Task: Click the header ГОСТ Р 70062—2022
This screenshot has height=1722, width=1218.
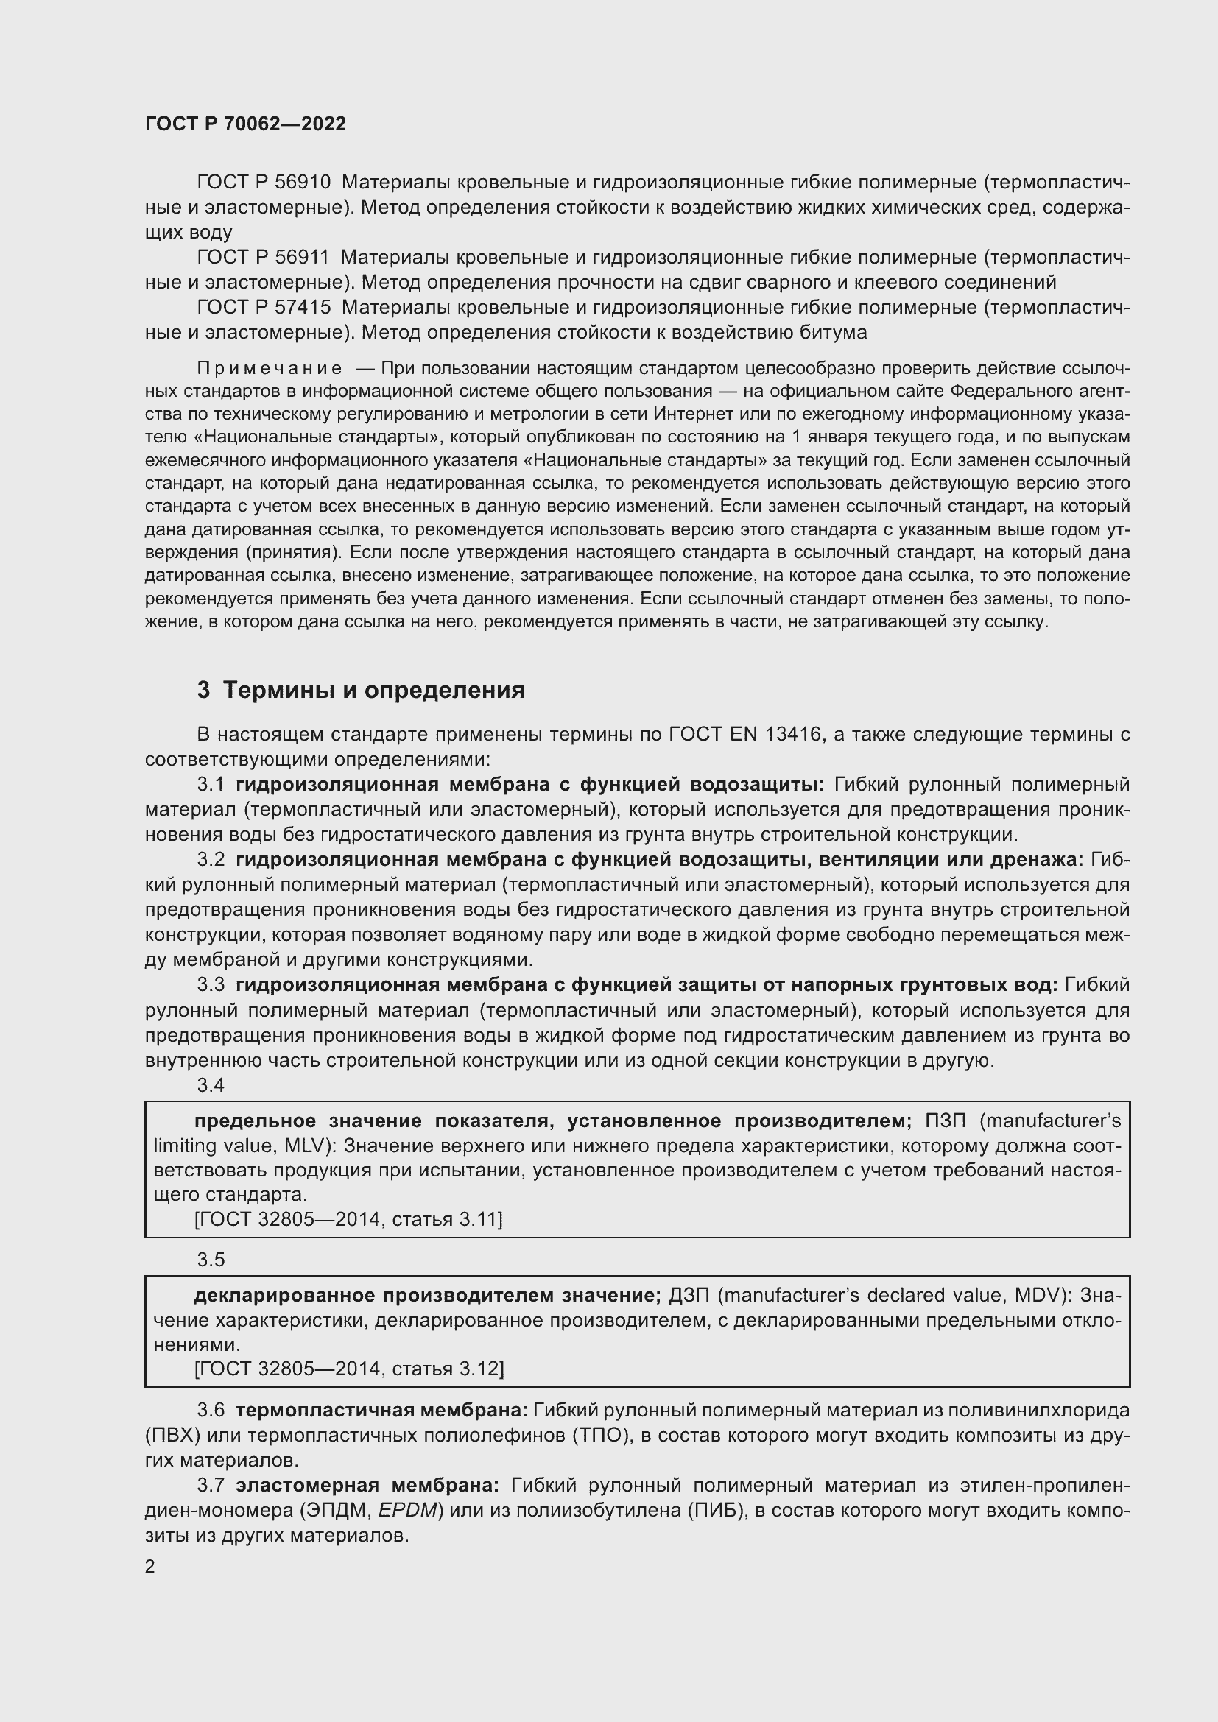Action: click(x=245, y=124)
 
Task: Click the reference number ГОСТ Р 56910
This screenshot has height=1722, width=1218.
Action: click(x=263, y=183)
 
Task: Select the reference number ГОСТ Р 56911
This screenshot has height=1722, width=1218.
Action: click(x=263, y=257)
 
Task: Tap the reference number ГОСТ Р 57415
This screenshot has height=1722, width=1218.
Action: click(x=263, y=308)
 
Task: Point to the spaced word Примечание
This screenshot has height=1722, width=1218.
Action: click(x=270, y=368)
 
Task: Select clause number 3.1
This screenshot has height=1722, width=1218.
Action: click(x=211, y=785)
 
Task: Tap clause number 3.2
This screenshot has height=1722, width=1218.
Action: click(x=211, y=859)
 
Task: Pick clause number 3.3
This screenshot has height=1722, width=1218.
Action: click(x=211, y=985)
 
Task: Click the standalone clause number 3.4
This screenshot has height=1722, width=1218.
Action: click(x=211, y=1085)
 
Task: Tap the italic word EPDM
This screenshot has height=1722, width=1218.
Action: click(x=407, y=1510)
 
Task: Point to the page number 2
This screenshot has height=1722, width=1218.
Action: click(x=150, y=1566)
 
